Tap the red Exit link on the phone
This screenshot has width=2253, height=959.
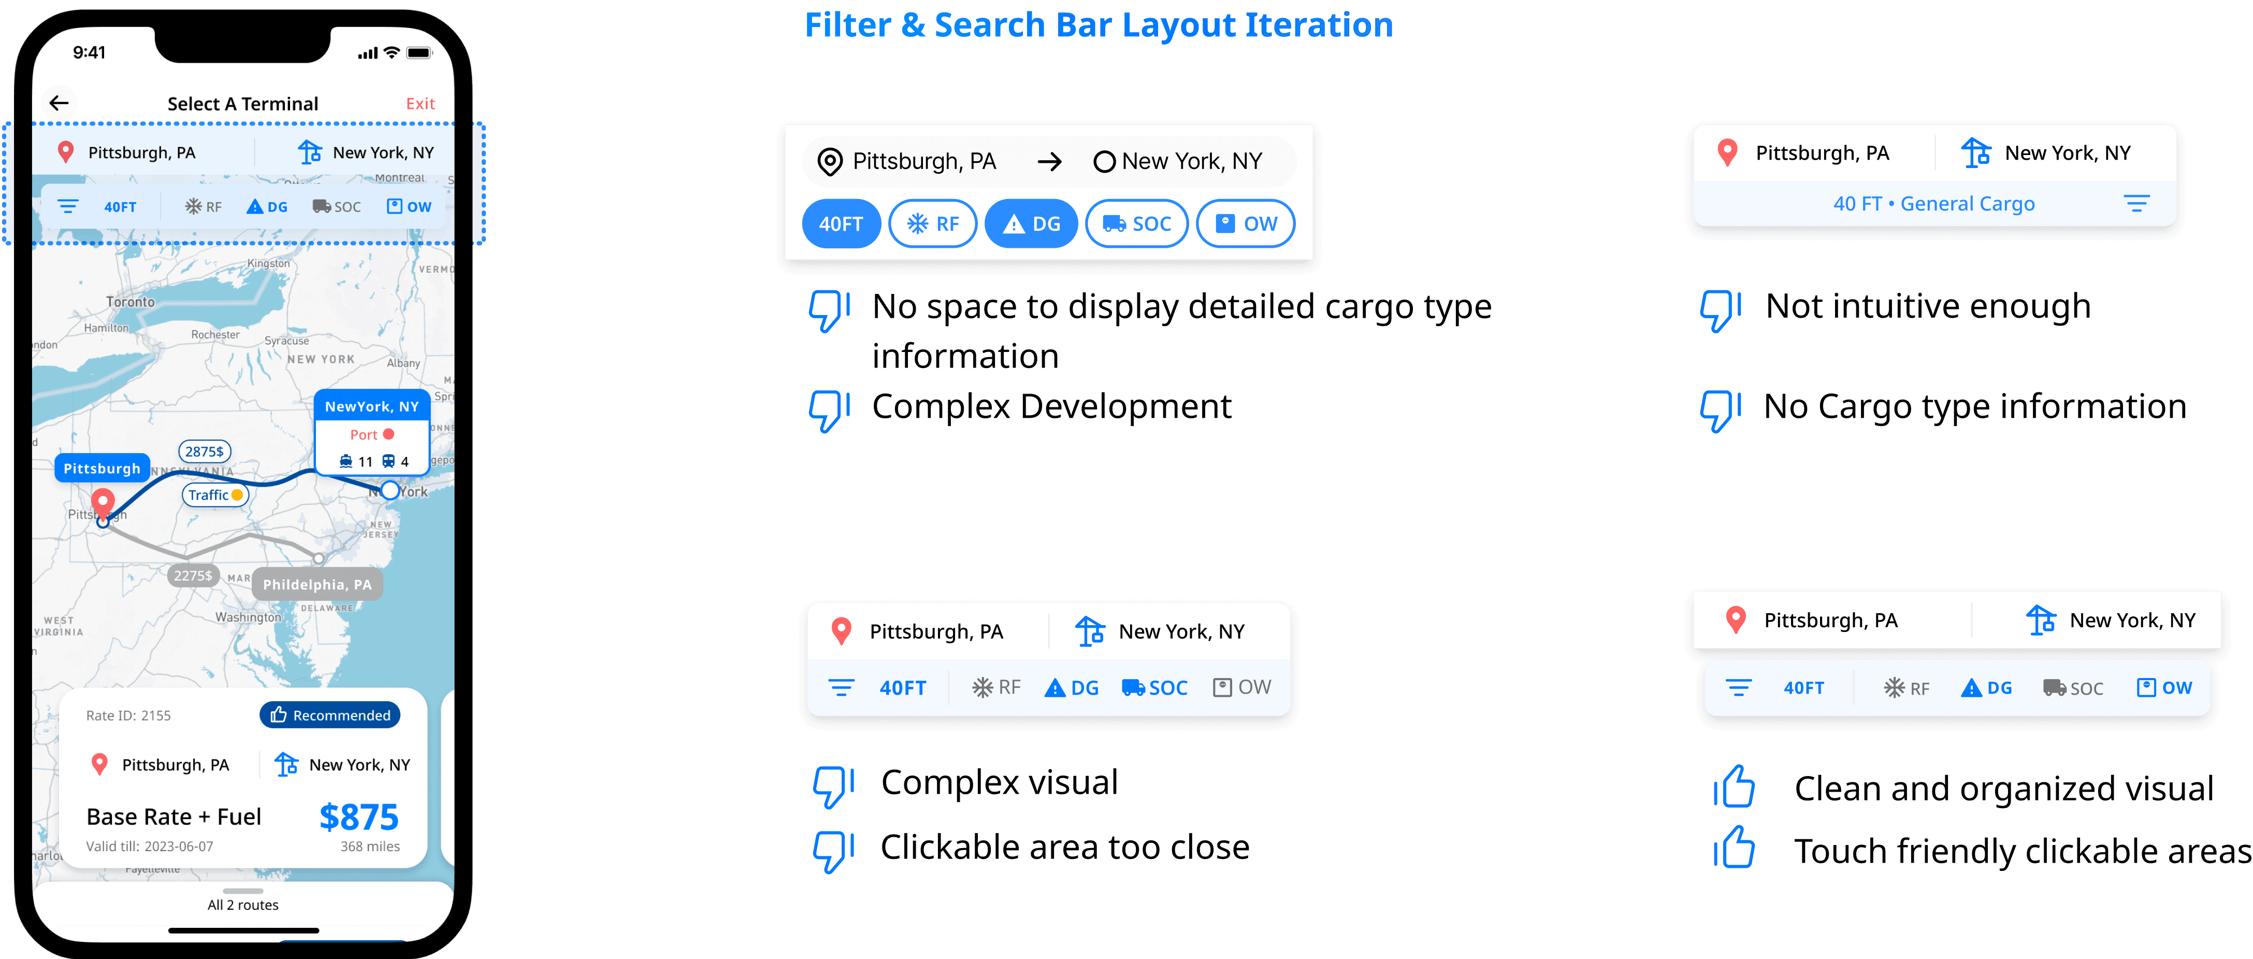[420, 103]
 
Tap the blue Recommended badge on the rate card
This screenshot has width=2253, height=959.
[330, 715]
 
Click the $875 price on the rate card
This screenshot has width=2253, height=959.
[358, 816]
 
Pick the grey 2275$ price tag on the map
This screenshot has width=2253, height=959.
[193, 575]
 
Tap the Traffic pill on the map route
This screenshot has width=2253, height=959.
[215, 495]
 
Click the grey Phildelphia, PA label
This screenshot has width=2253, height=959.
[316, 585]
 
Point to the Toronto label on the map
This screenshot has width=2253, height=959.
[131, 302]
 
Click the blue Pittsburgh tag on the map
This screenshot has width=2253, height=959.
[102, 468]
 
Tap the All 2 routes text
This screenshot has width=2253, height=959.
[243, 905]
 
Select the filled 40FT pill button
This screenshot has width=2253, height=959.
[841, 224]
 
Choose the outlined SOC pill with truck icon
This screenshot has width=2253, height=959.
[1136, 224]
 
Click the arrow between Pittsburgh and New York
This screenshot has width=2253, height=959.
[1049, 162]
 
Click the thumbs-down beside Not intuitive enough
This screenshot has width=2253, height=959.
[1720, 310]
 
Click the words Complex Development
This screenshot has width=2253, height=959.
[1051, 407]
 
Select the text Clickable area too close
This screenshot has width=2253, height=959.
[1064, 847]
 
